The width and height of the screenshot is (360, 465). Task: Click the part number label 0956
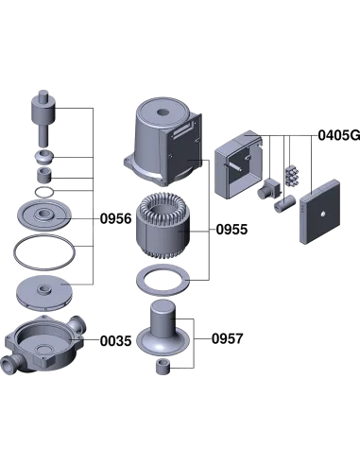[115, 218]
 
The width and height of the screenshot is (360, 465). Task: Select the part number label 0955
[231, 230]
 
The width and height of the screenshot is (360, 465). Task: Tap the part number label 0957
[228, 338]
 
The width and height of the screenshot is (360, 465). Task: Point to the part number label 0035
[115, 341]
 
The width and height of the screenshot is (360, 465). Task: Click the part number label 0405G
[339, 135]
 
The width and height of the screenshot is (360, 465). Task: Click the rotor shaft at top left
[43, 118]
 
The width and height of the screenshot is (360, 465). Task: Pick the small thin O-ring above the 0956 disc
[44, 192]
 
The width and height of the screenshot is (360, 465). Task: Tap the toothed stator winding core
[163, 226]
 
